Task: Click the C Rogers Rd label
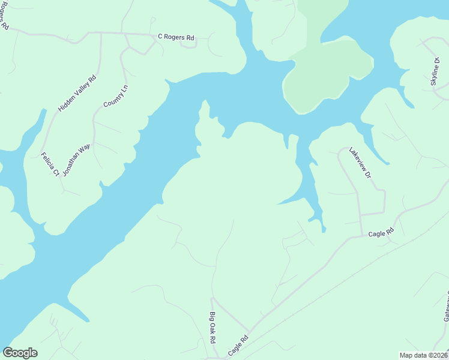click(176, 37)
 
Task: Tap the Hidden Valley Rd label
click(77, 94)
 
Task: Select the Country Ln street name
click(116, 96)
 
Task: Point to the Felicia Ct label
click(50, 164)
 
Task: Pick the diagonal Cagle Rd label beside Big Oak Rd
click(238, 346)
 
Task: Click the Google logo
click(20, 353)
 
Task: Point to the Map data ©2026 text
click(423, 355)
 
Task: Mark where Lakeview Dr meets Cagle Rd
click(361, 236)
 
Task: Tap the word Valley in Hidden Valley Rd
click(77, 93)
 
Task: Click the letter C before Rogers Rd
click(160, 37)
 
